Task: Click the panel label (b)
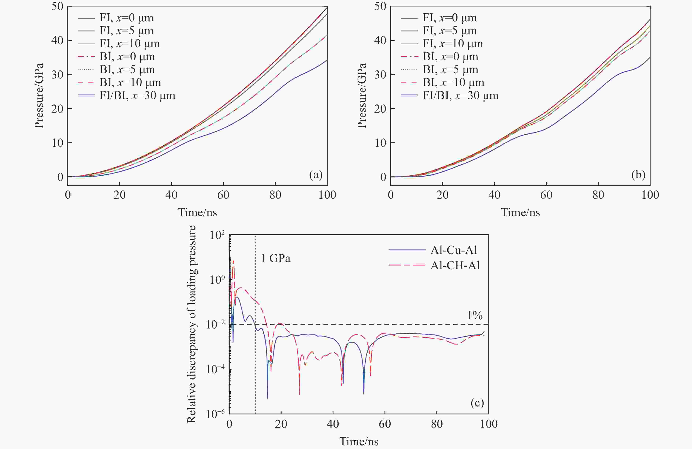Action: [x=639, y=175]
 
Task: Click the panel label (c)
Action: [x=477, y=403]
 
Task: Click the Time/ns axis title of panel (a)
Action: [x=197, y=212]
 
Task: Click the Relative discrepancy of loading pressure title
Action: [x=191, y=324]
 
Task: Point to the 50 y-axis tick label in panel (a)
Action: [x=57, y=6]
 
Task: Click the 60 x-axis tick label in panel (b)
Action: [x=546, y=195]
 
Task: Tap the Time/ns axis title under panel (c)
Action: [x=359, y=442]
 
